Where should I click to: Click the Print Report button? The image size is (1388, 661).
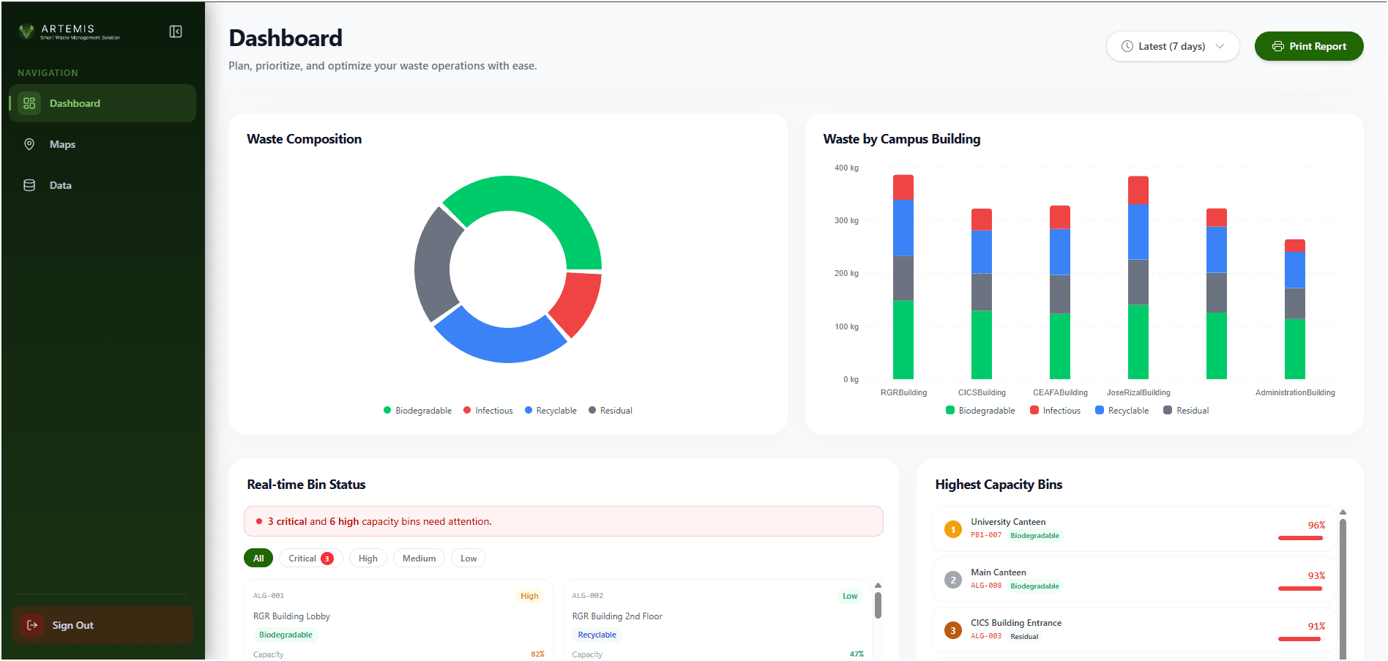(1309, 46)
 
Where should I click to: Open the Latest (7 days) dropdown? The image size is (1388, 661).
(1172, 46)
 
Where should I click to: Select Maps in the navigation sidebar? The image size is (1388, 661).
(62, 144)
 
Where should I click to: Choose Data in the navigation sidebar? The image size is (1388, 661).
(60, 185)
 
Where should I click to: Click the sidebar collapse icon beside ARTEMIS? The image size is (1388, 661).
(176, 31)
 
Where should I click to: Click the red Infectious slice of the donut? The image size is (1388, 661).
(576, 302)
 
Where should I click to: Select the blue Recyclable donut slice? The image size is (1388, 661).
(499, 340)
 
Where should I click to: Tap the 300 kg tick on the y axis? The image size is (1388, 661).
(846, 220)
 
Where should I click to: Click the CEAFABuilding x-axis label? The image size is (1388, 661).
(1060, 392)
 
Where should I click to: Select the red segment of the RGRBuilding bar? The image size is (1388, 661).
(903, 187)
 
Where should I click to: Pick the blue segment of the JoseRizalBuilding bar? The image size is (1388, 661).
(1138, 232)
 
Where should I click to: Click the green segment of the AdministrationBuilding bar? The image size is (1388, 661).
(1295, 348)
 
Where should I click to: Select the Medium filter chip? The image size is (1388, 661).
(419, 559)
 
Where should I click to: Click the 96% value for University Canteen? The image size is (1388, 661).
(1316, 525)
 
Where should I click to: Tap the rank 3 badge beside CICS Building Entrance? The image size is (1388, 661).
(953, 630)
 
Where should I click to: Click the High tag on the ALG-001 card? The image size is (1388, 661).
(529, 596)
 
